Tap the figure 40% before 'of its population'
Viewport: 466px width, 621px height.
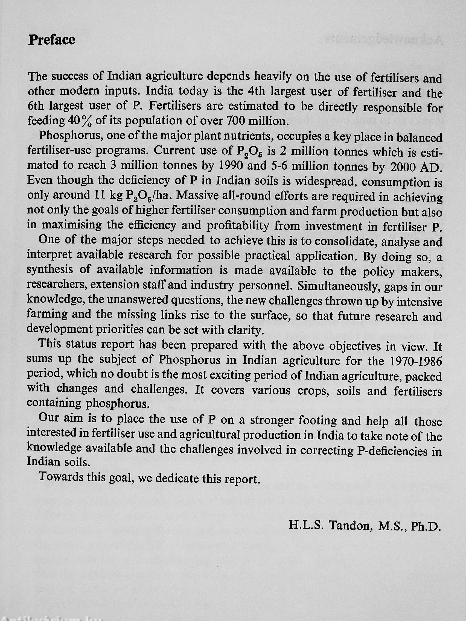pyautogui.click(x=80, y=121)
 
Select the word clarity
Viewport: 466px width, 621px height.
pyautogui.click(x=245, y=330)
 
